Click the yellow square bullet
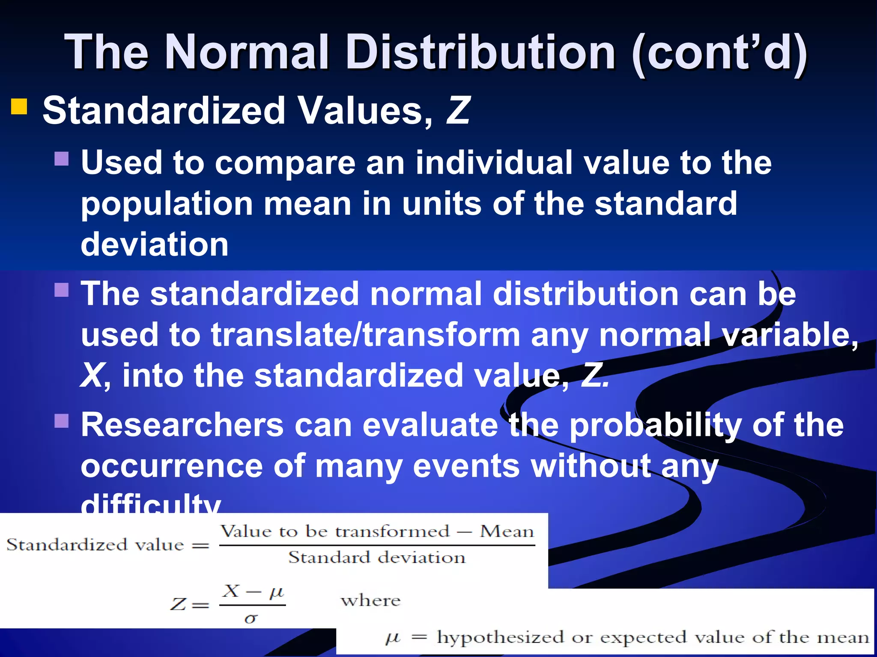pyautogui.click(x=19, y=107)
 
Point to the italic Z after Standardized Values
pyautogui.click(x=457, y=110)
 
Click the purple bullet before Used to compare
pyautogui.click(x=62, y=159)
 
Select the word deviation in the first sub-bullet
pyautogui.click(x=155, y=244)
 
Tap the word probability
pyautogui.click(x=655, y=426)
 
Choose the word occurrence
pyautogui.click(x=171, y=466)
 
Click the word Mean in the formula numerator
pyautogui.click(x=507, y=532)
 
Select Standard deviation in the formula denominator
pyautogui.click(x=377, y=558)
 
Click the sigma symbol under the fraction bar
pyautogui.click(x=251, y=619)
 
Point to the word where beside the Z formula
pyautogui.click(x=371, y=601)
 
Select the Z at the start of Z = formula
pyautogui.click(x=178, y=604)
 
